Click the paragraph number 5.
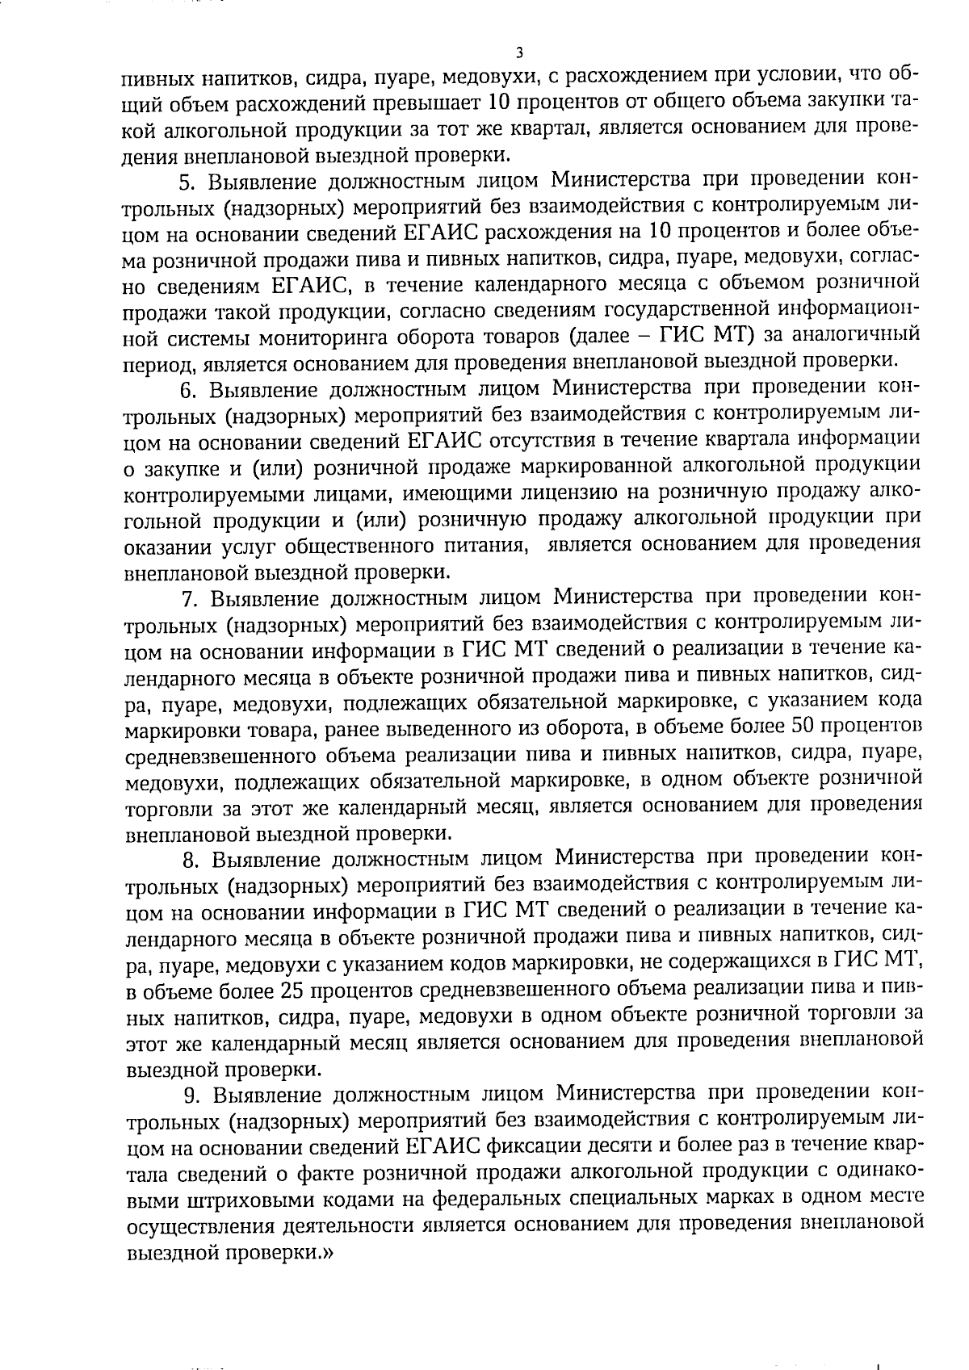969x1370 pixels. point(183,179)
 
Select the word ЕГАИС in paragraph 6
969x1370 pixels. point(443,441)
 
